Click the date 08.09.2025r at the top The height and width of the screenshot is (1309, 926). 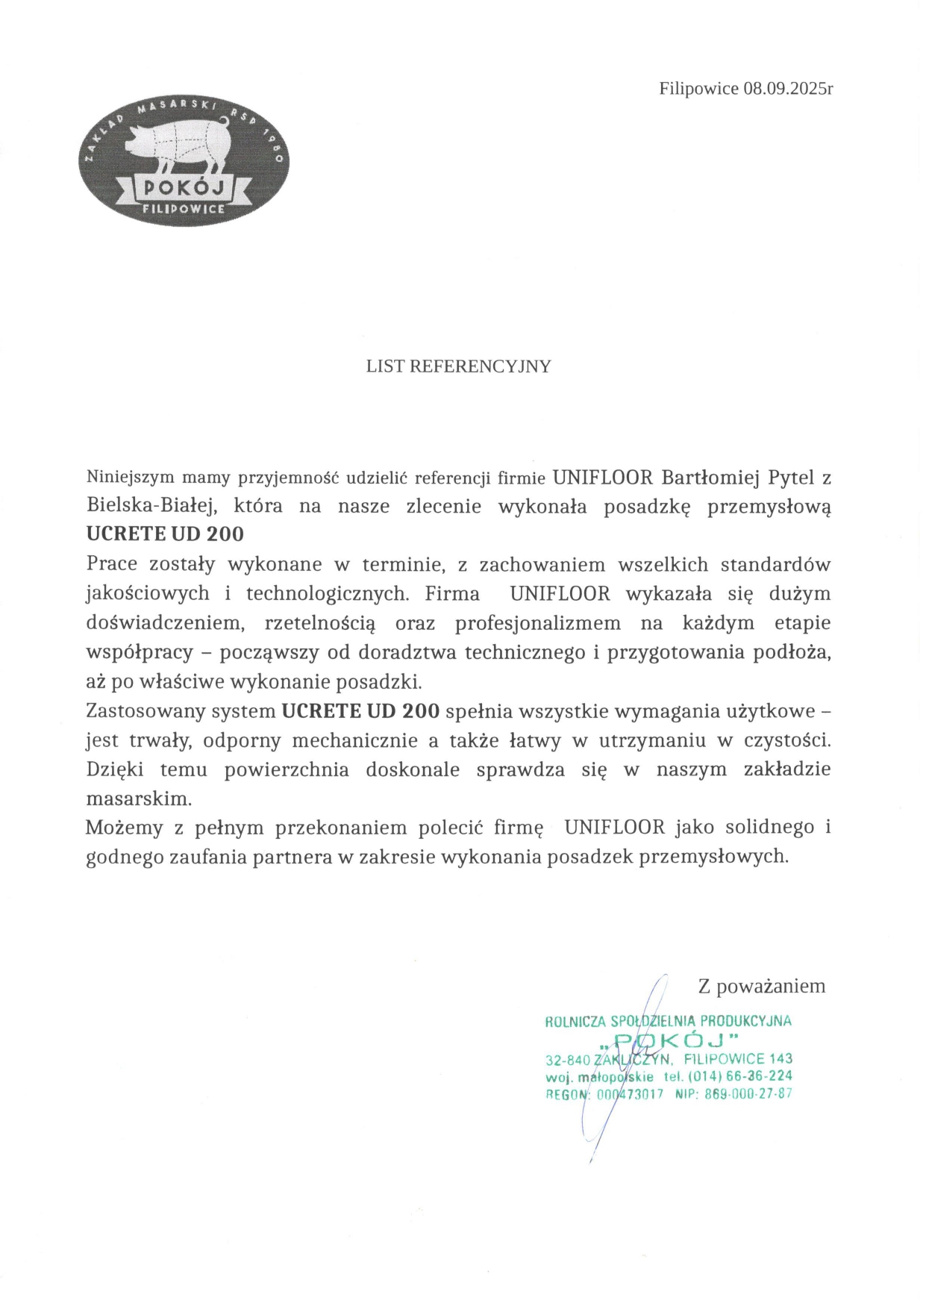(x=788, y=89)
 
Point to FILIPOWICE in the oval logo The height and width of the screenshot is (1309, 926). (x=184, y=209)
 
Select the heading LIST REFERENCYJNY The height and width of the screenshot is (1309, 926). (x=458, y=366)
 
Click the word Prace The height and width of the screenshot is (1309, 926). (x=112, y=564)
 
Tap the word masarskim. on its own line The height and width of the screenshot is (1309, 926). (x=140, y=798)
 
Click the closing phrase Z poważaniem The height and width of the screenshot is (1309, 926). (x=761, y=986)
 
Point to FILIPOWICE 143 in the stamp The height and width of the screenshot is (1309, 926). (x=738, y=1058)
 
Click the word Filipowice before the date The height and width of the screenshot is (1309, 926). (x=698, y=89)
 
